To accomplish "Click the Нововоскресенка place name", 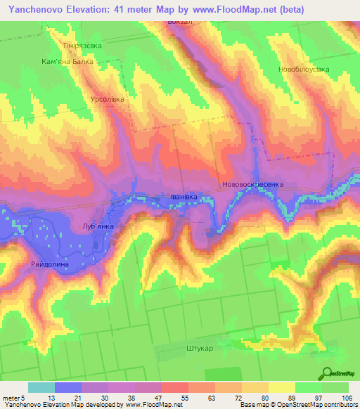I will [252, 185].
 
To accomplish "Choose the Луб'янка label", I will [98, 227].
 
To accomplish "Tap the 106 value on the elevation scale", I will [347, 397].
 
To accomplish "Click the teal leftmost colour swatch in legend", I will [41, 387].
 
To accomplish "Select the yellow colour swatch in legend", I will [282, 387].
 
